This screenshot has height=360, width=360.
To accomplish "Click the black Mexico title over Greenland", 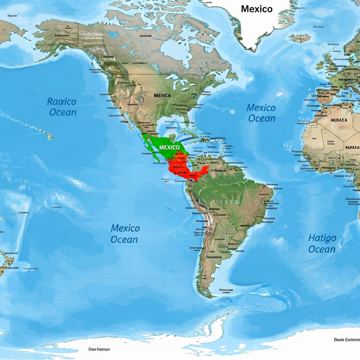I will point(256,9).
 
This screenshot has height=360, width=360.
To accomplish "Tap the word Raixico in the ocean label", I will point(62,102).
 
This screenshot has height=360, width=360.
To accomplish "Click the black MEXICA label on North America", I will point(162,95).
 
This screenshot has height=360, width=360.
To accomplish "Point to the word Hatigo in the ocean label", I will point(322,238).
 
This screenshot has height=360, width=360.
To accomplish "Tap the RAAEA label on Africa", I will point(351,148).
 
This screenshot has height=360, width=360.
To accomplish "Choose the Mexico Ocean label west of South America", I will point(125,234).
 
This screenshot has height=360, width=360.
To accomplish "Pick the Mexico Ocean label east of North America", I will point(261,112).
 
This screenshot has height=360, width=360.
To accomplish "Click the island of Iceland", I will point(300,38).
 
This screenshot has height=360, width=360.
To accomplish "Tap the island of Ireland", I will point(320,65).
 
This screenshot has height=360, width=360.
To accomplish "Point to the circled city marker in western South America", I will point(207,210).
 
